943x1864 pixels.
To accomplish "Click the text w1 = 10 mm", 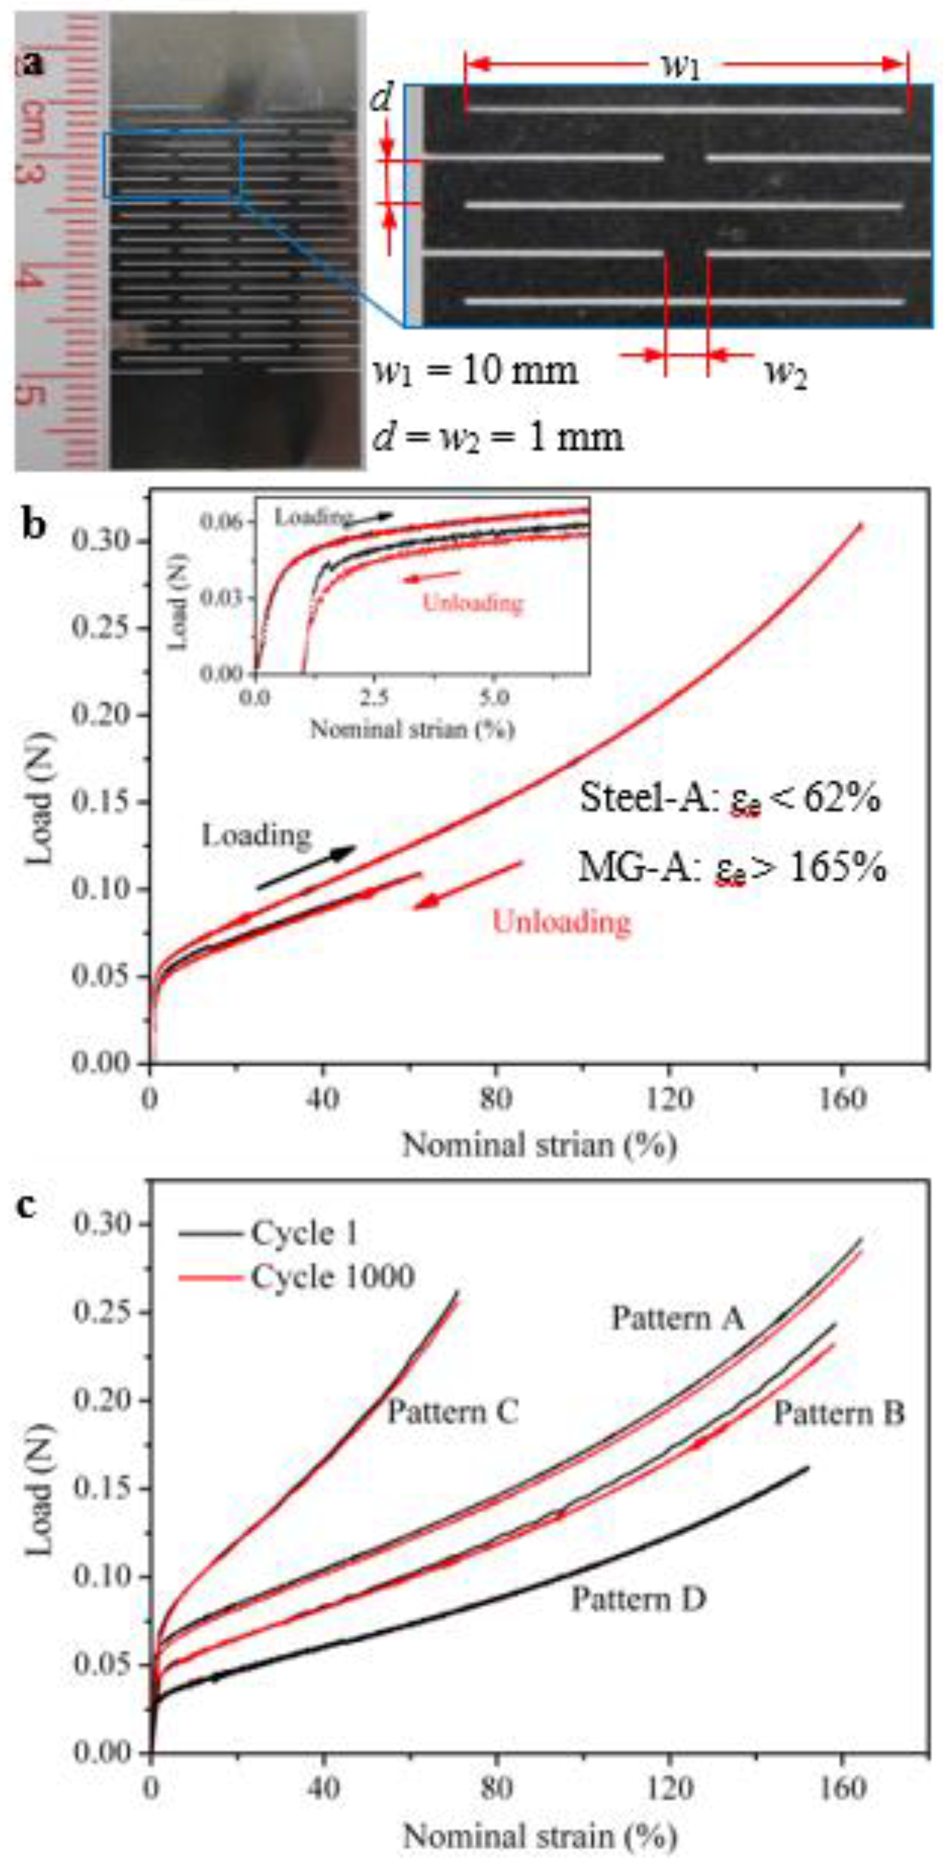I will click(475, 370).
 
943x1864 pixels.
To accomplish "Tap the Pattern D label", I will click(638, 1598).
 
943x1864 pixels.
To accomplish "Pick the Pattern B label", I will click(839, 1413).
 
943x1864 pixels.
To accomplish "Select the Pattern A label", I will click(677, 1318).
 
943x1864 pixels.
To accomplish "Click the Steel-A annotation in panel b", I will click(729, 800).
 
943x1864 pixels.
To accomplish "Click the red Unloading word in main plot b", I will click(561, 921).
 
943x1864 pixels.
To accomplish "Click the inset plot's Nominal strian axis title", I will click(412, 729).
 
